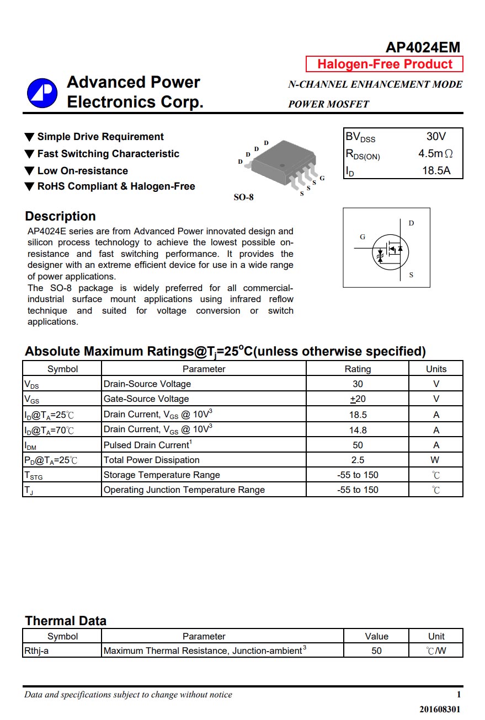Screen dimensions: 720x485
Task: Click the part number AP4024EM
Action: pyautogui.click(x=423, y=47)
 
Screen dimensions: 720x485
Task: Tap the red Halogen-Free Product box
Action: pyautogui.click(x=385, y=65)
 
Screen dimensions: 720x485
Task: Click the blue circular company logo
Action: pyautogui.click(x=42, y=93)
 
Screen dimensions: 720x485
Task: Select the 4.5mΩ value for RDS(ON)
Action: pyautogui.click(x=435, y=154)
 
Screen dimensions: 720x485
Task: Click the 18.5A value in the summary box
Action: pyautogui.click(x=436, y=170)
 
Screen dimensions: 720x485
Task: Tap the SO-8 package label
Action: pyautogui.click(x=243, y=197)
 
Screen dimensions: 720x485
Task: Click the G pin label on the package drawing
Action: pyautogui.click(x=322, y=178)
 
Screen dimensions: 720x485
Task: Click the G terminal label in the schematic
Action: pyautogui.click(x=363, y=237)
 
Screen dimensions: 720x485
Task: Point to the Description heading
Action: pyautogui.click(x=61, y=216)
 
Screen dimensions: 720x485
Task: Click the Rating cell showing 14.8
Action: pyautogui.click(x=358, y=430)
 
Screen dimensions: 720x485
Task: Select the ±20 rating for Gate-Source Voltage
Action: pyautogui.click(x=358, y=399)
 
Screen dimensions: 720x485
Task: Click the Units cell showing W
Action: pyautogui.click(x=436, y=460)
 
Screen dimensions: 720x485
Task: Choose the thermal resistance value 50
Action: pyautogui.click(x=376, y=651)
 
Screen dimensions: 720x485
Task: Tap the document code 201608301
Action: pyautogui.click(x=440, y=709)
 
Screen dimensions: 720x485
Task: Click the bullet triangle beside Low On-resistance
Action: pyautogui.click(x=30, y=171)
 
